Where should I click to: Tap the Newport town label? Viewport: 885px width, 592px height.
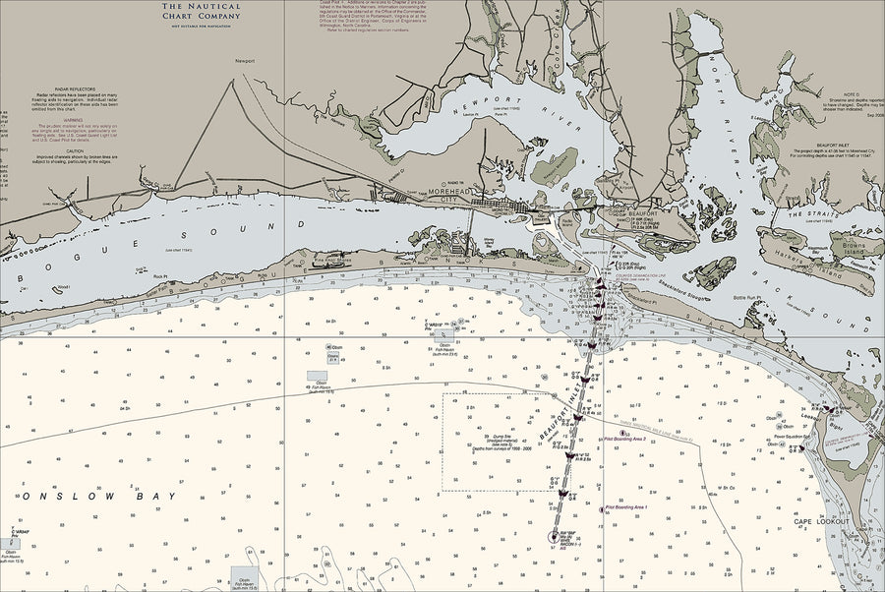(244, 61)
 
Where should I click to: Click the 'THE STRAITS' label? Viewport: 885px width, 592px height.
(807, 214)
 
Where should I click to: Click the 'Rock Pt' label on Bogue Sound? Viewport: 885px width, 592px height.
(160, 277)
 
